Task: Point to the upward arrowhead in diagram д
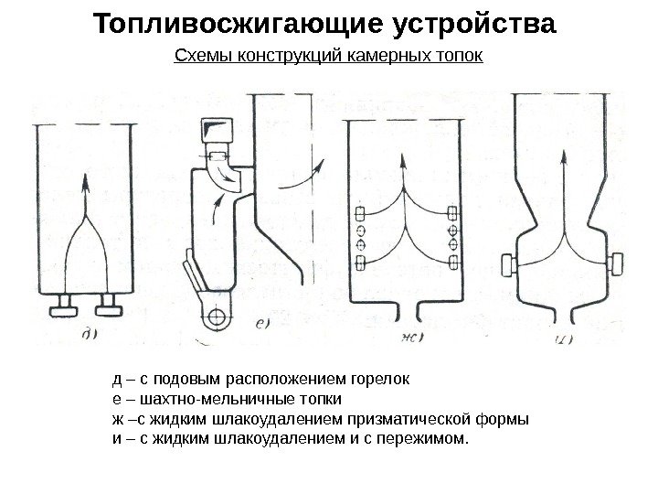(85, 182)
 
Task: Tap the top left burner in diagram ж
(360, 213)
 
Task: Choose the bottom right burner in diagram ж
(453, 263)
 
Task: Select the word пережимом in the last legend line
(423, 442)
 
